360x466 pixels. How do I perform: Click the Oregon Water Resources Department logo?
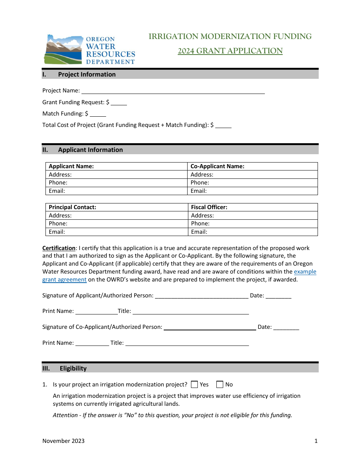tap(89, 50)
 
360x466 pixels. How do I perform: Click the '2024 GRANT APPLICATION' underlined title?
tap(230, 51)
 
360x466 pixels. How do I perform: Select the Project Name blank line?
tap(173, 91)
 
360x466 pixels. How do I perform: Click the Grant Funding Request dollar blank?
tap(119, 102)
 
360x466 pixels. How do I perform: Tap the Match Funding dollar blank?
tap(98, 114)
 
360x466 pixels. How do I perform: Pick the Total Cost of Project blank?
tap(223, 125)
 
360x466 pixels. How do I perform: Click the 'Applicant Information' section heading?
tap(90, 150)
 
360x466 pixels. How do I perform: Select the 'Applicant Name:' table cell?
tap(117, 166)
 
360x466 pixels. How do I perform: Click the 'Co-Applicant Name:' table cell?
tap(253, 166)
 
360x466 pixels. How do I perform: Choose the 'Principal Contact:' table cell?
tap(117, 207)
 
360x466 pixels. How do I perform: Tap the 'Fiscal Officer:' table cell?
tap(253, 207)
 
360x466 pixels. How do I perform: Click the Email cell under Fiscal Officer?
tap(253, 232)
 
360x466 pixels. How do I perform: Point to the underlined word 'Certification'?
tap(59, 248)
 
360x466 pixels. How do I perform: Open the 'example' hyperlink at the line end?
tap(305, 272)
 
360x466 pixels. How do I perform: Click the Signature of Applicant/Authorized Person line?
tap(202, 296)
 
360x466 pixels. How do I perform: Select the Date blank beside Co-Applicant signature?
tap(286, 327)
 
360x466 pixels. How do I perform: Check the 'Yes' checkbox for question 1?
tap(194, 385)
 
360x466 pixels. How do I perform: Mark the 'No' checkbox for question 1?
tap(220, 385)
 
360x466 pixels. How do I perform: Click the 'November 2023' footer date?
tap(63, 441)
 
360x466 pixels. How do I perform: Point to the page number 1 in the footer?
tap(316, 441)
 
